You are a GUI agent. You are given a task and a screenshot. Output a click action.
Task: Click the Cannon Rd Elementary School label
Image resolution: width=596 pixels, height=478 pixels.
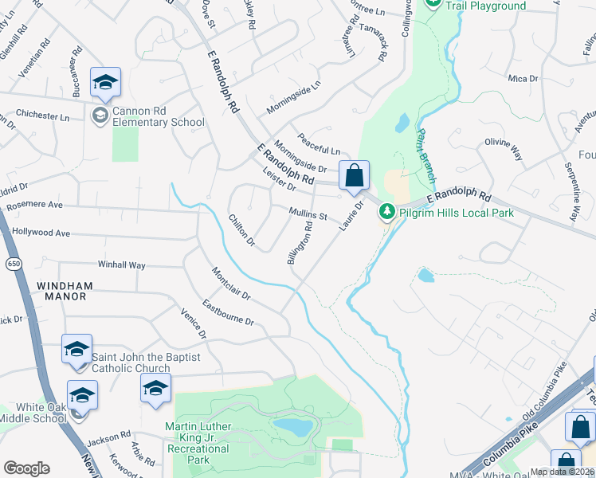[151, 116]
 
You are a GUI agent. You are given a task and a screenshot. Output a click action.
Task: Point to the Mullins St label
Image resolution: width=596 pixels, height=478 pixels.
[308, 214]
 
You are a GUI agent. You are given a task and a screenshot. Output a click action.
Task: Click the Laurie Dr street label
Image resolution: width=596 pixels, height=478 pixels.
[351, 217]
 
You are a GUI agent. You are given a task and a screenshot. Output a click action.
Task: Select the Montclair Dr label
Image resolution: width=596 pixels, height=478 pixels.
[231, 284]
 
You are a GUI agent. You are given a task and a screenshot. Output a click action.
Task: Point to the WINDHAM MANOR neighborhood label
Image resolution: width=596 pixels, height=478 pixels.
[64, 292]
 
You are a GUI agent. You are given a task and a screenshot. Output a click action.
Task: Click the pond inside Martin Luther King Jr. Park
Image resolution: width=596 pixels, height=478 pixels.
[294, 426]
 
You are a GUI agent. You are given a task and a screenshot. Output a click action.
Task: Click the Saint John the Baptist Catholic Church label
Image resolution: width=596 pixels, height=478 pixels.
[131, 362]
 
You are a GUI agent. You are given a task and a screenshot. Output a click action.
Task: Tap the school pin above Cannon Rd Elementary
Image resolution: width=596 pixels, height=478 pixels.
[105, 82]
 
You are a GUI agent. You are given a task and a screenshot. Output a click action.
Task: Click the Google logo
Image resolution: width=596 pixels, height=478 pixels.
[26, 468]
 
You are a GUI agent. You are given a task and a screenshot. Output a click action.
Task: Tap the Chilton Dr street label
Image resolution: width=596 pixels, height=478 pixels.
[241, 229]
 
